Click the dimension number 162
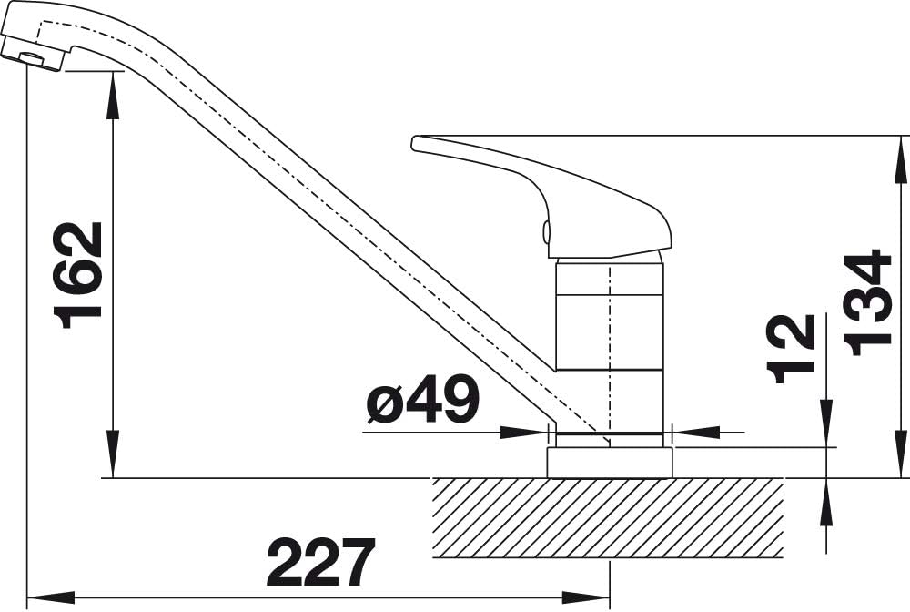pyautogui.click(x=77, y=275)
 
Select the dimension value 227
pyautogui.click(x=320, y=562)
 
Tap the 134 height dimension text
pyautogui.click(x=866, y=302)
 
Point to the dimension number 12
pyautogui.click(x=791, y=349)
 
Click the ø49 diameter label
pyautogui.click(x=423, y=399)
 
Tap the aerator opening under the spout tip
pyautogui.click(x=32, y=56)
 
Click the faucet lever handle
pyautogui.click(x=541, y=196)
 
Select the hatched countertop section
pyautogui.click(x=608, y=517)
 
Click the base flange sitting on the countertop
pyautogui.click(x=610, y=463)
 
